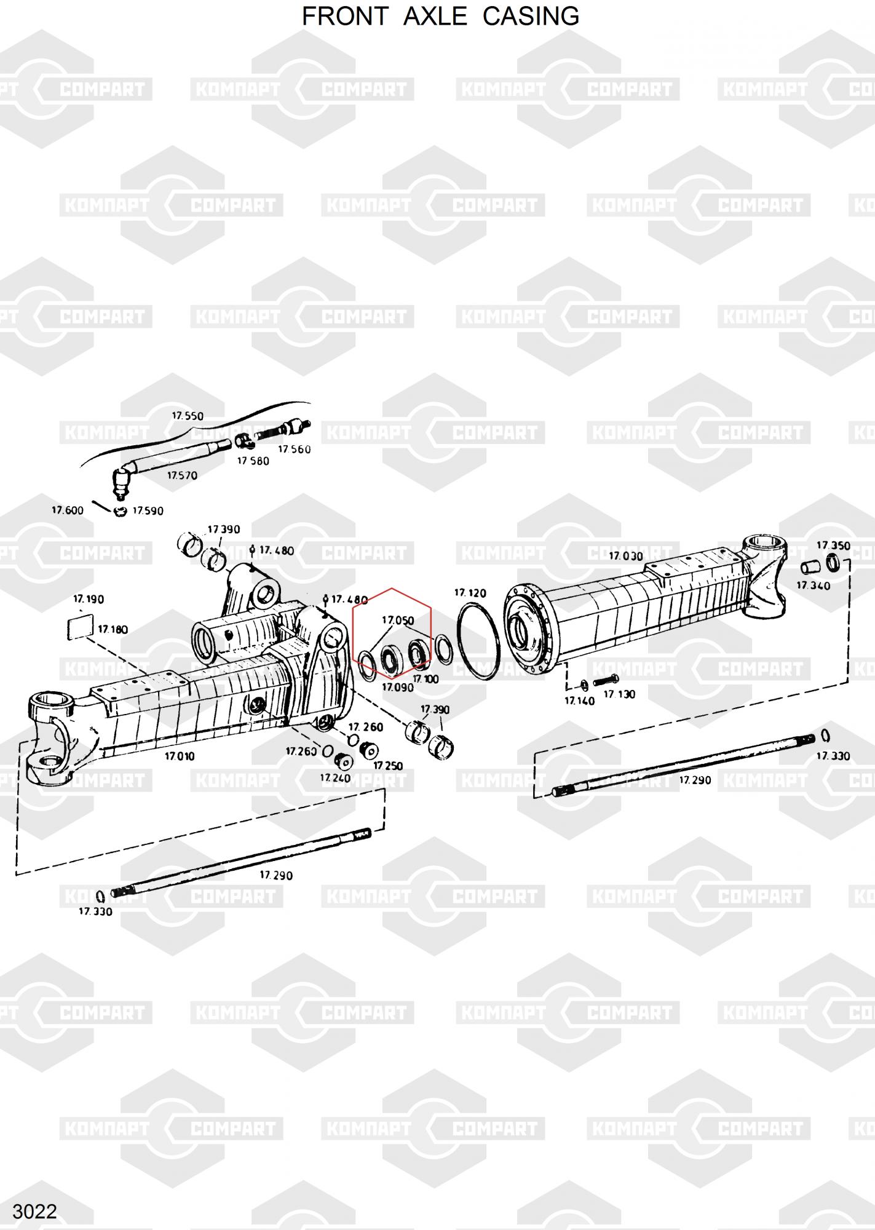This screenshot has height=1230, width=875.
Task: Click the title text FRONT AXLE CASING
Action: tap(440, 17)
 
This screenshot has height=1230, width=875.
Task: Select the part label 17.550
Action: tap(188, 416)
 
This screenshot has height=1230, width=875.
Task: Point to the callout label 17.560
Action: tap(295, 450)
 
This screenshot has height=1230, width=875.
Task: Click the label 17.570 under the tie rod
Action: tap(183, 475)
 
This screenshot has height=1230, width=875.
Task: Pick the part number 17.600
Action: tap(68, 510)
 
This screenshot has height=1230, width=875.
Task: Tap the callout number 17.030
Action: tap(626, 556)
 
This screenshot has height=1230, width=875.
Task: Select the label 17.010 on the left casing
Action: tap(180, 756)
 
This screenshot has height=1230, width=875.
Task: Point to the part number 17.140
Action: tap(579, 700)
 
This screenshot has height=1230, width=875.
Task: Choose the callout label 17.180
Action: tap(113, 630)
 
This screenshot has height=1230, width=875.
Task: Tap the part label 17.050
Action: tap(398, 621)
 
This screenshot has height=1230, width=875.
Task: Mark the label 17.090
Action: tap(397, 688)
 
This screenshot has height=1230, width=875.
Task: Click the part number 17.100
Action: tap(426, 679)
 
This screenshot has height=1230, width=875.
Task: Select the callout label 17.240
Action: tap(335, 778)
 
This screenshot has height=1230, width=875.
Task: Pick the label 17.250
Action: tap(388, 766)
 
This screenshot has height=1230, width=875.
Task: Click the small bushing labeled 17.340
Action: tap(810, 566)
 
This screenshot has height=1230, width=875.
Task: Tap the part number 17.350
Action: tap(833, 546)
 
